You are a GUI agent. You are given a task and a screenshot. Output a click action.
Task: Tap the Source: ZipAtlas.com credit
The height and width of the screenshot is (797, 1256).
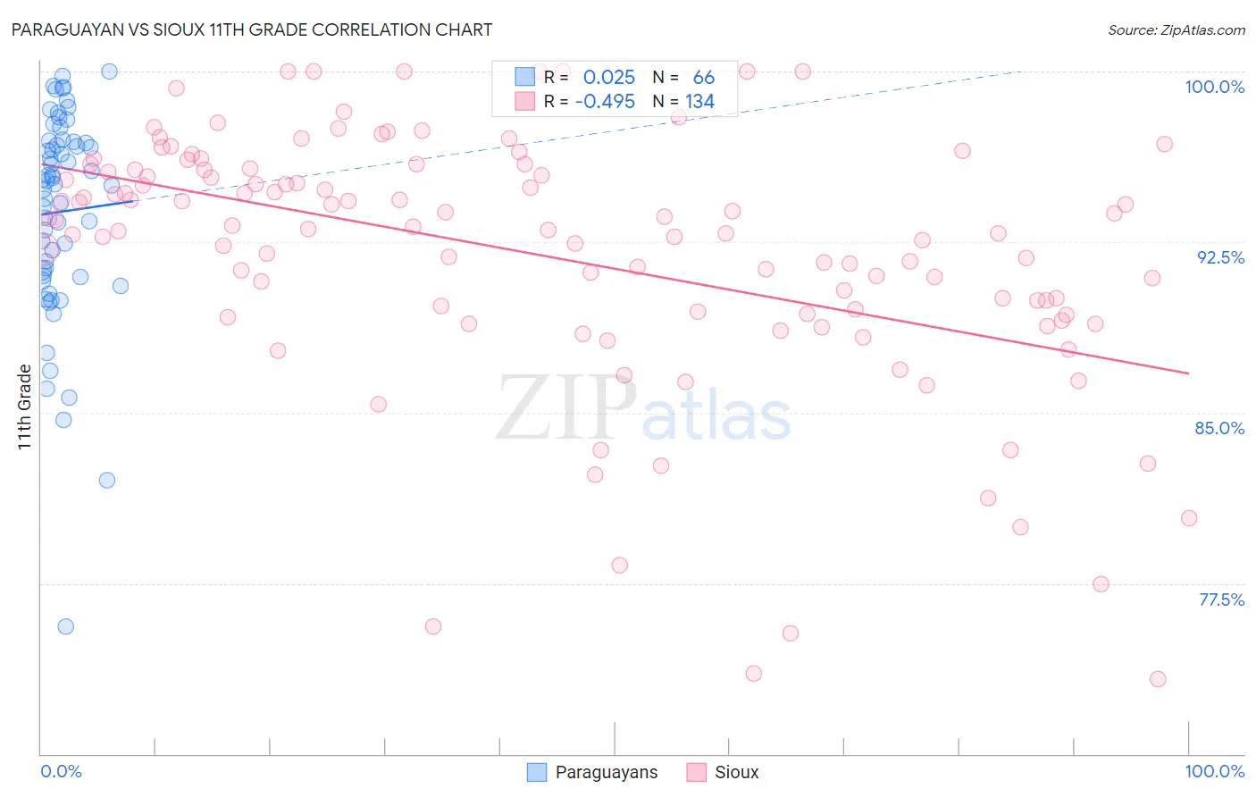tap(1176, 29)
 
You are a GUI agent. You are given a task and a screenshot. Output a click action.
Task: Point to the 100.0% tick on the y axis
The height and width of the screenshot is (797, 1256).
tap(1214, 87)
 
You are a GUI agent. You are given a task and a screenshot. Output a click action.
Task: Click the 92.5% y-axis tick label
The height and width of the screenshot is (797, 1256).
tap(1220, 257)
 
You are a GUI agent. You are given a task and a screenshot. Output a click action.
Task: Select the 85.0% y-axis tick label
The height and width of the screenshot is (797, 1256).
tap(1219, 428)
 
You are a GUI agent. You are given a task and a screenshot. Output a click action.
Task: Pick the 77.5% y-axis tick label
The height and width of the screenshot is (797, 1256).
tap(1221, 600)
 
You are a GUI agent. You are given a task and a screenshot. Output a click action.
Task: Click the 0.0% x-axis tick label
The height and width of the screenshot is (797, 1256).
tap(61, 771)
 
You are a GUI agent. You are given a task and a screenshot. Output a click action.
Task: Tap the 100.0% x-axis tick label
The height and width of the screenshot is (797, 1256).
tap(1214, 771)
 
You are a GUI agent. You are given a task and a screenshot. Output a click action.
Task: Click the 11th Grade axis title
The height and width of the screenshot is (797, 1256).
tap(24, 407)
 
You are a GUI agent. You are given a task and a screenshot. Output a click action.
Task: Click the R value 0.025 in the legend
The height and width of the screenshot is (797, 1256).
tap(608, 78)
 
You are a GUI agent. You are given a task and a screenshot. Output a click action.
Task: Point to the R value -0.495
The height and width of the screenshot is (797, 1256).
tap(605, 102)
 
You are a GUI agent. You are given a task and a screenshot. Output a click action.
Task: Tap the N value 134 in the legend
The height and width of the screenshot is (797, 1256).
tap(699, 102)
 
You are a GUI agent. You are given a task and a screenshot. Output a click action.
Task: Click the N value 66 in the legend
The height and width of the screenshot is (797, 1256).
tap(703, 78)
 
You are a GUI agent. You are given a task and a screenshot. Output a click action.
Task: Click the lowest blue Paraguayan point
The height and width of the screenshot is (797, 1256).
tap(65, 626)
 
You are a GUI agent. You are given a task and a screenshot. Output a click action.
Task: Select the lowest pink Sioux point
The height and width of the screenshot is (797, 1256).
tap(1158, 679)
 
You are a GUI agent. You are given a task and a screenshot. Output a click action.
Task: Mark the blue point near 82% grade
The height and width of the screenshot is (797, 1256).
tap(107, 480)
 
